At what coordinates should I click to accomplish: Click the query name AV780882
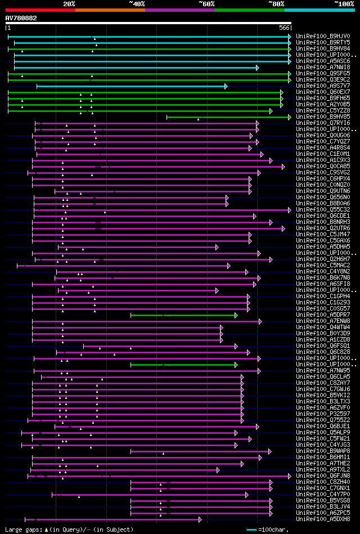(x=21, y=18)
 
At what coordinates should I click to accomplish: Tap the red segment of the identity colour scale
(x=40, y=10)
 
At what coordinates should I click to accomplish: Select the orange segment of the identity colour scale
(x=110, y=10)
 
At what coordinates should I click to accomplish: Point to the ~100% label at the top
(x=344, y=3)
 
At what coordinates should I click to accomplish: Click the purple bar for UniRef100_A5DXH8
(x=112, y=519)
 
